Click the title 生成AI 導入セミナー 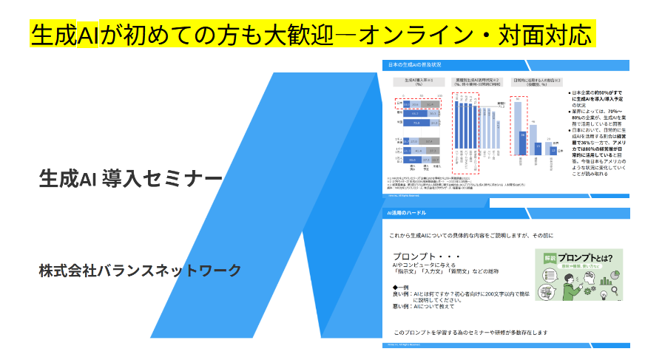(131, 179)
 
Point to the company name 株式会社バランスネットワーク (141, 271)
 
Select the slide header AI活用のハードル (409, 214)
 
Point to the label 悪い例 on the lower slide (402, 306)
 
